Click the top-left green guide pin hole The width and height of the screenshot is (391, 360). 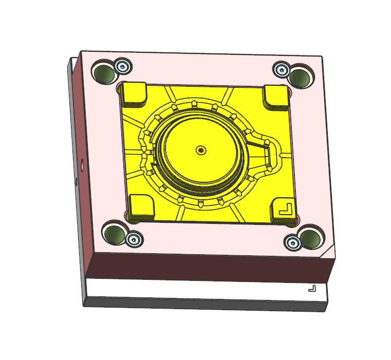tap(105, 73)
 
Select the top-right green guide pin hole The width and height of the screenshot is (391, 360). tap(300, 76)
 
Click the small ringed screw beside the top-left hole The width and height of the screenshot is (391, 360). tap(122, 66)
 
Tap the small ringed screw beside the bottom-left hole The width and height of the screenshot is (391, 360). tap(135, 239)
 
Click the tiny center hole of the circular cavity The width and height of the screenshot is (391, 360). tap(200, 150)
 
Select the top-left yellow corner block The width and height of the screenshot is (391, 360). tap(135, 93)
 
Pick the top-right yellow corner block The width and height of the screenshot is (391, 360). tap(275, 96)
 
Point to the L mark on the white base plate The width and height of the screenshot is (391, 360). tap(312, 289)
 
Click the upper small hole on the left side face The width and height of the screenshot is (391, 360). tap(82, 167)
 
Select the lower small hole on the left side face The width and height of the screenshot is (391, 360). tap(77, 181)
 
